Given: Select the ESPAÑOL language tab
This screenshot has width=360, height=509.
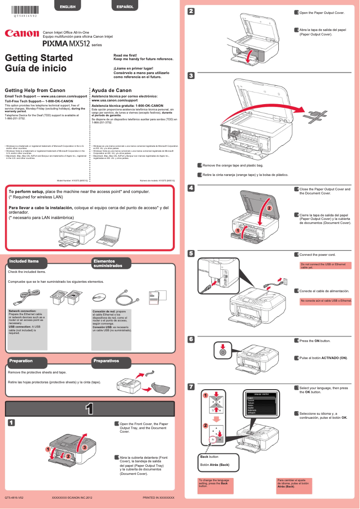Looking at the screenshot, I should pyautogui.click(x=125, y=6).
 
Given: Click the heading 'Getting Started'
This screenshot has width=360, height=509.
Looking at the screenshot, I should pyautogui.click(x=39, y=58).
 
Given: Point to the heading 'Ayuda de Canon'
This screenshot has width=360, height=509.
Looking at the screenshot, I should pyautogui.click(x=111, y=90).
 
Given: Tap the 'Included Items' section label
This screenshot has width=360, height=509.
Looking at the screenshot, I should pyautogui.click(x=24, y=261).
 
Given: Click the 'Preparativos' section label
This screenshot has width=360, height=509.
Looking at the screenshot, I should pyautogui.click(x=106, y=360).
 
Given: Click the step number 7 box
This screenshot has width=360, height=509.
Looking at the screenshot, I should pyautogui.click(x=191, y=386).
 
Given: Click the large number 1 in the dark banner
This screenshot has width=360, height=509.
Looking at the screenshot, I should pyautogui.click(x=90, y=408).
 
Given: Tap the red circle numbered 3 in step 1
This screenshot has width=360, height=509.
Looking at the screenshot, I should pyautogui.click(x=83, y=448).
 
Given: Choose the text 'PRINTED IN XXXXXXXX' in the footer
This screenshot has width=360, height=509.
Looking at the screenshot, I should pyautogui.click(x=158, y=498).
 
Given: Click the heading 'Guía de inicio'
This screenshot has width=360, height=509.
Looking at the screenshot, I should pyautogui.click(x=35, y=69).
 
